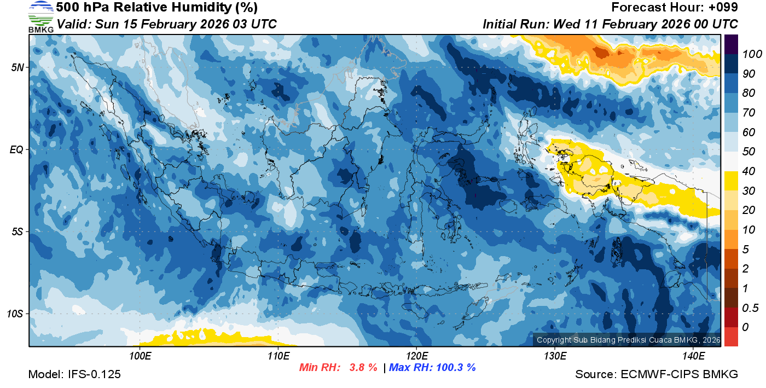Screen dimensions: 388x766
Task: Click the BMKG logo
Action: (41, 16)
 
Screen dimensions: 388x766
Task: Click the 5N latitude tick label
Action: (17, 67)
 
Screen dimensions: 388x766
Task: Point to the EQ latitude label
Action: (16, 149)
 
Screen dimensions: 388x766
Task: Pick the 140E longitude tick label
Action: (693, 356)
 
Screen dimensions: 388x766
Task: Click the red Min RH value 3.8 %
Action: (363, 367)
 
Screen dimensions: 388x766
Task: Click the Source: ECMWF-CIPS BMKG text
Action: (657, 374)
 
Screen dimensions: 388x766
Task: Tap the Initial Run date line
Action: (610, 24)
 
